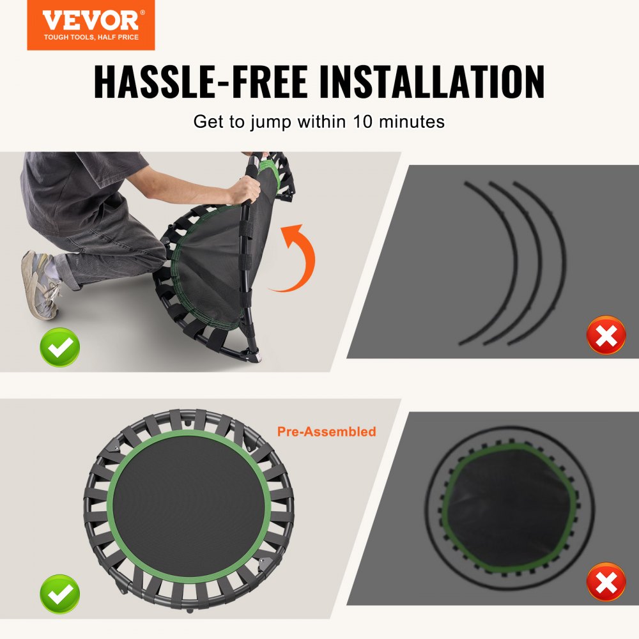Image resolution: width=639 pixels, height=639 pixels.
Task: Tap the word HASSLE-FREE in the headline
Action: tap(200, 81)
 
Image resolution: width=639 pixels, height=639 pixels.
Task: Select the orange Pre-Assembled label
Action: tap(327, 432)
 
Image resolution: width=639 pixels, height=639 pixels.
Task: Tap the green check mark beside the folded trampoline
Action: tap(60, 347)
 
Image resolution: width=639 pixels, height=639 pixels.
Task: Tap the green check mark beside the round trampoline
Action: tap(60, 594)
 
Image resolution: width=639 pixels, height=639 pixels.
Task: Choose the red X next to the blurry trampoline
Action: tap(606, 581)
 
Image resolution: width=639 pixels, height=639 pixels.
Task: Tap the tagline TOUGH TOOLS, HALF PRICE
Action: tap(91, 37)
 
